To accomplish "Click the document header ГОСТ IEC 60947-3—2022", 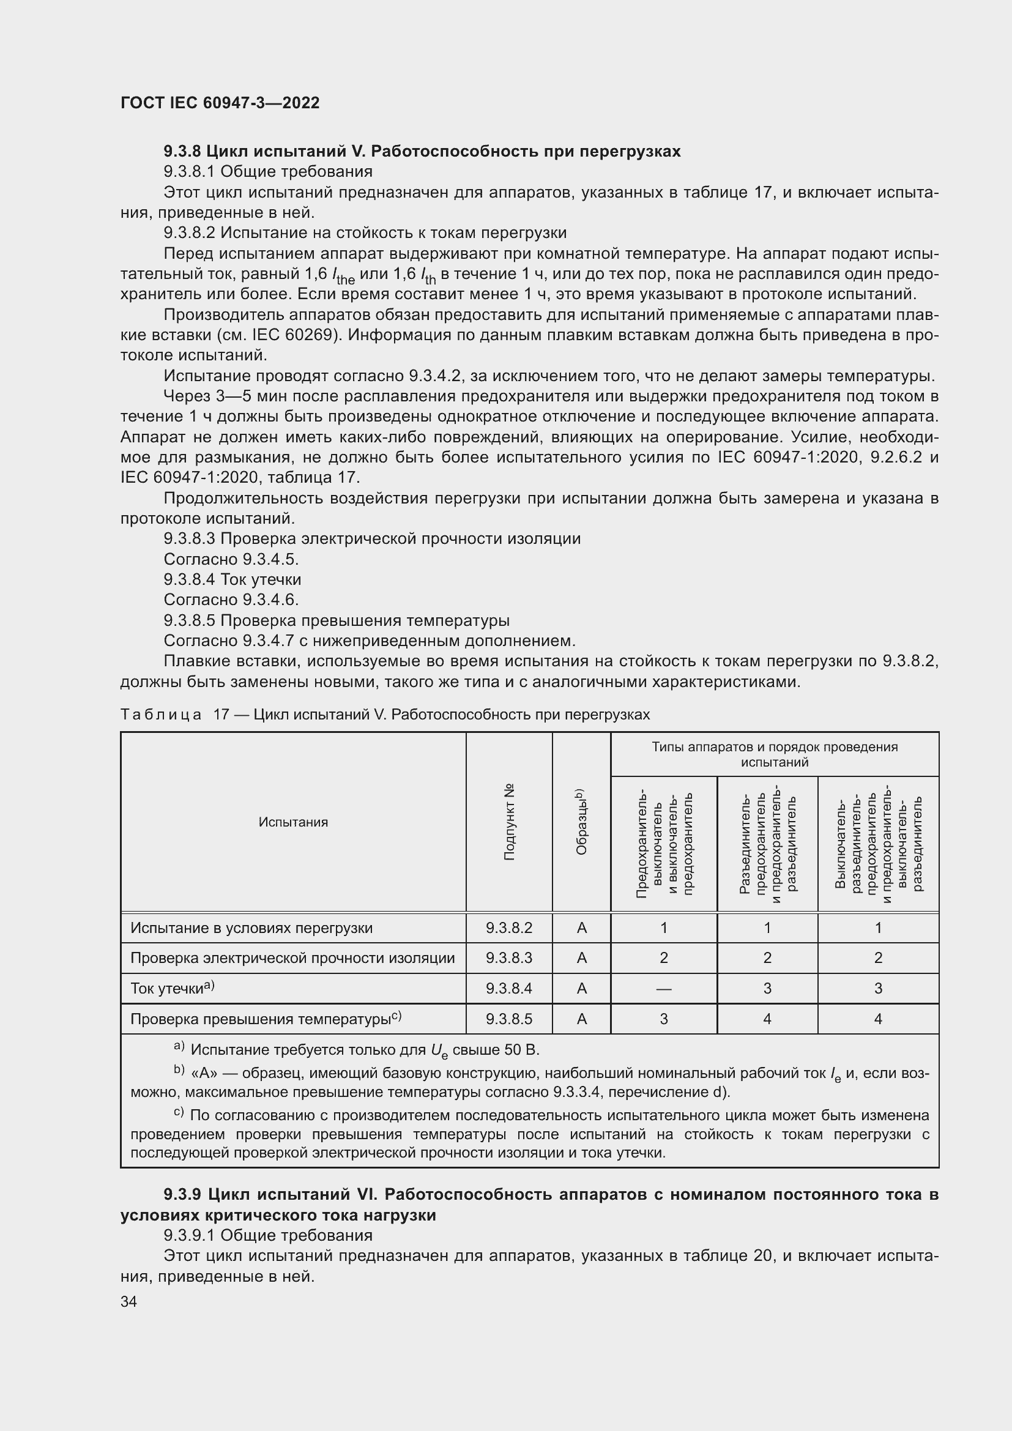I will [220, 103].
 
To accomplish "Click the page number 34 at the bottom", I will [128, 1301].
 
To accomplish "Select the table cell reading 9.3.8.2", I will [508, 928].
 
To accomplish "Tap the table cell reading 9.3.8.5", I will [508, 1019].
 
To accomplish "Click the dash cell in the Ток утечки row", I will [664, 989].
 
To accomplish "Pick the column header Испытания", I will [293, 822].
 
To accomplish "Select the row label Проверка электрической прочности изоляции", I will [292, 958].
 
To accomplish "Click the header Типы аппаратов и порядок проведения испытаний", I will [775, 754].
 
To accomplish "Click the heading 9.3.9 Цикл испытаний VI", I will [530, 1194].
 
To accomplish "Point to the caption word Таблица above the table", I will [161, 714].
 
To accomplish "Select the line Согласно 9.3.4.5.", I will [231, 559].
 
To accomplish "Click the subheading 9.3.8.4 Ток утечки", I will [232, 579].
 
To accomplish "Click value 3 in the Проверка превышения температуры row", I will [664, 1019].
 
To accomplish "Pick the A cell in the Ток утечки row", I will [581, 989].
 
